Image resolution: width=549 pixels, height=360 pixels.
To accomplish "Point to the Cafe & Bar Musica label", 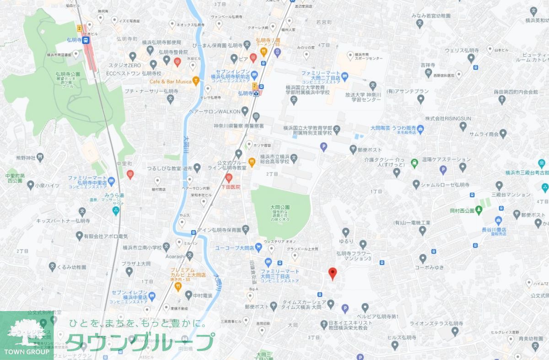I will coord(170,81).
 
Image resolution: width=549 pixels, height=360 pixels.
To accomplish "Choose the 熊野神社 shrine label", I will coord(25,158).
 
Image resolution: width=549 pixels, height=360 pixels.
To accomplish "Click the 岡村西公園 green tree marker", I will coord(479,210).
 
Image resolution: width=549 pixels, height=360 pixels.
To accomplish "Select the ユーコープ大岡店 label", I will coord(235,247).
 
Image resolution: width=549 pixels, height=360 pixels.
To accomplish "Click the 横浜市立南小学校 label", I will coord(142,248).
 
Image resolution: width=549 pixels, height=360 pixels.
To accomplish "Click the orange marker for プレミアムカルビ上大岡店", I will coord(177,286).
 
